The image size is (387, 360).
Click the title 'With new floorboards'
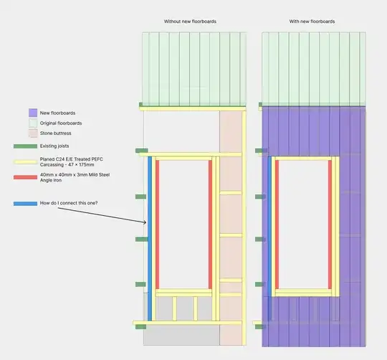(x=312, y=22)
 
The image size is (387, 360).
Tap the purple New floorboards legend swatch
(x=33, y=113)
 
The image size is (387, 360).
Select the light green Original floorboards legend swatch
(x=33, y=123)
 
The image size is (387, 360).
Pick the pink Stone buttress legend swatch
(x=33, y=133)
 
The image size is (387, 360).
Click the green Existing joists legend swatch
(x=25, y=146)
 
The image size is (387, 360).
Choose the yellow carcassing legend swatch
(x=25, y=161)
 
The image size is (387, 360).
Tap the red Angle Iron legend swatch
(x=25, y=176)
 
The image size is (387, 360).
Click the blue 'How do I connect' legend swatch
(x=25, y=204)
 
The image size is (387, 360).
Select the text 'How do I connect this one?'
(x=70, y=204)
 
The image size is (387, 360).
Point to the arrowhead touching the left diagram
(x=145, y=223)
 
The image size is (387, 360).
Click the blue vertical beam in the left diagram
(x=150, y=222)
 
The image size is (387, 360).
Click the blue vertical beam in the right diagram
(x=269, y=222)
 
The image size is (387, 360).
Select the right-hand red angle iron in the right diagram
(x=332, y=222)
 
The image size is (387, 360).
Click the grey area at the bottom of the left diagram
(x=172, y=308)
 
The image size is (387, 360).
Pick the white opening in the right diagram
(x=303, y=222)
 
